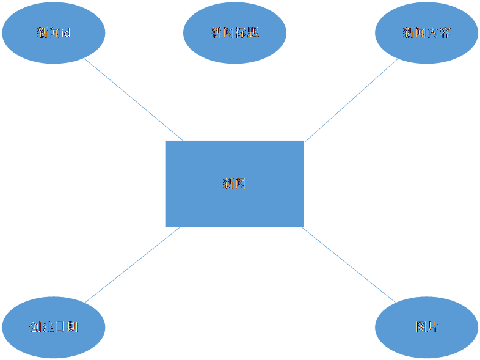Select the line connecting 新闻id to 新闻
133,99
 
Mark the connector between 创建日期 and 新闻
133,265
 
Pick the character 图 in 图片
420,327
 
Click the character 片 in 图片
432,327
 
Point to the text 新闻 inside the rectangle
235,183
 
